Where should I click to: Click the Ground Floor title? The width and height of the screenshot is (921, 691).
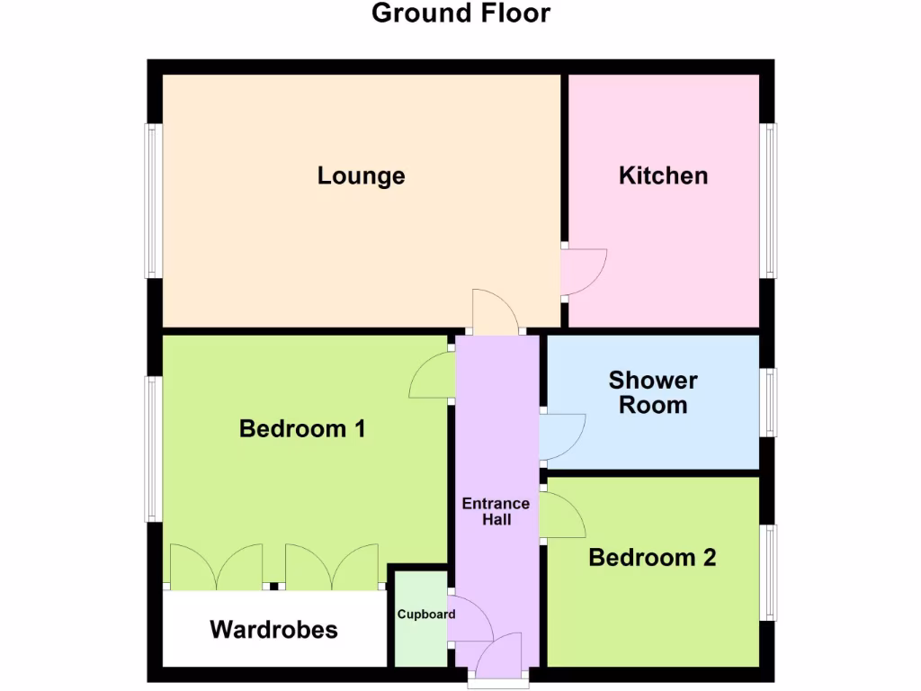[460, 13]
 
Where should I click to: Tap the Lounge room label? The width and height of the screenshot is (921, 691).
[361, 175]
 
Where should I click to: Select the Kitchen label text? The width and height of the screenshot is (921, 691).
[663, 175]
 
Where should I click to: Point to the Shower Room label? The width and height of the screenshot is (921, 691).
[653, 392]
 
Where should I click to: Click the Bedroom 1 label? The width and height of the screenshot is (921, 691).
[302, 429]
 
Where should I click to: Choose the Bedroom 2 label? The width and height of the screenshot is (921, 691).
[652, 558]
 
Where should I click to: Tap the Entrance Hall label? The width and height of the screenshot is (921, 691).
[496, 511]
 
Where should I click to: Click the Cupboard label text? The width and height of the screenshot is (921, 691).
[426, 615]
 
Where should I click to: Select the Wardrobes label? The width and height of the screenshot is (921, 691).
[274, 629]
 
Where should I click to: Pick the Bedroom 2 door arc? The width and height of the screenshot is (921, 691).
[564, 516]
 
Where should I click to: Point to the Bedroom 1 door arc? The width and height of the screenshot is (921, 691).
[432, 376]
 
